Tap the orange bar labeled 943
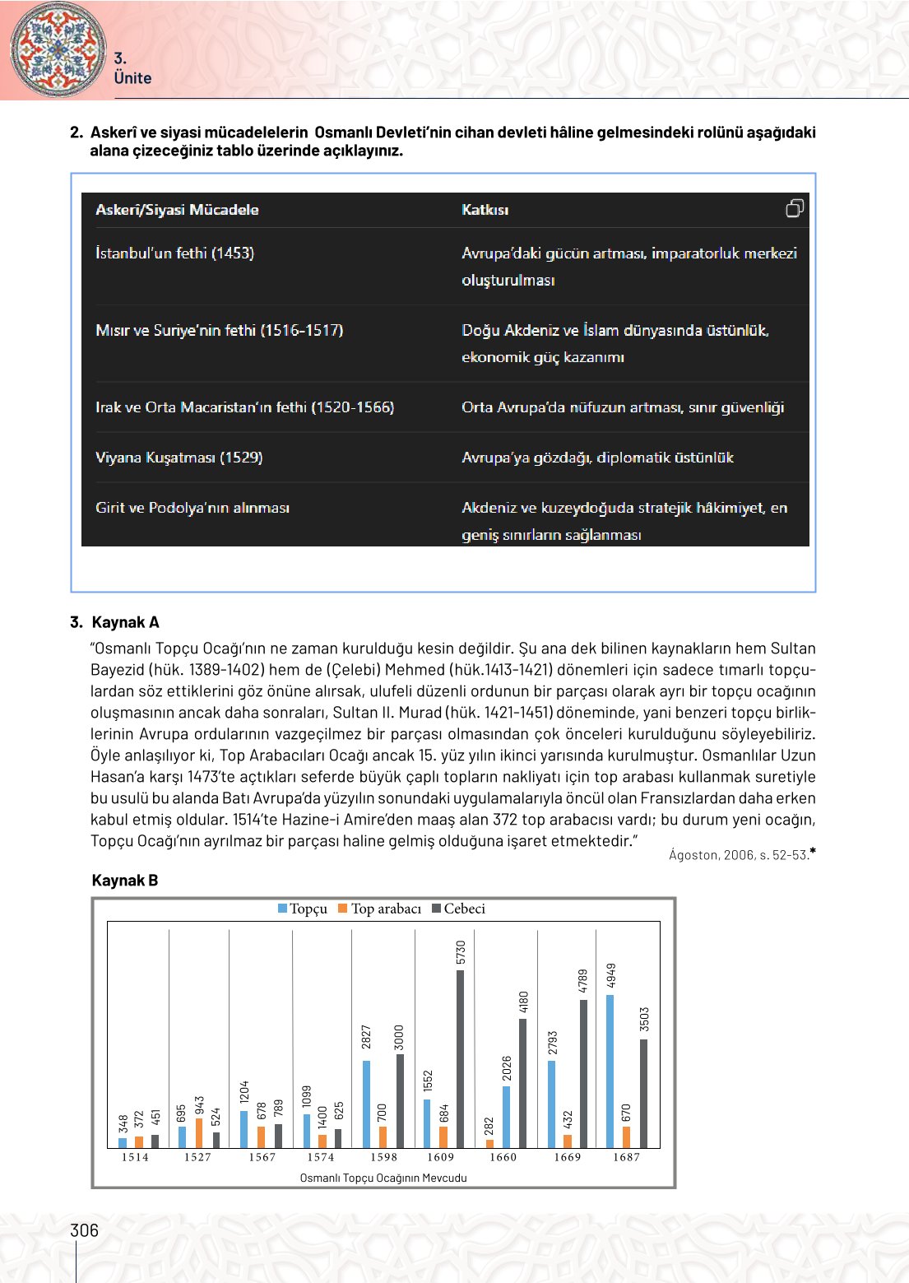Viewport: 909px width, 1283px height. [x=199, y=1133]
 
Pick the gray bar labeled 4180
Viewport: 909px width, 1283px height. [x=523, y=1083]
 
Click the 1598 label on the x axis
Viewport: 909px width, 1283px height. [x=383, y=1157]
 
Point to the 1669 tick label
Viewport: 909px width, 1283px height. [x=567, y=1157]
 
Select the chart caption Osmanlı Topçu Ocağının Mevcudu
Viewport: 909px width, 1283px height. [x=383, y=1178]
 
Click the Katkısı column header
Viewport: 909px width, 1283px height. [x=485, y=210]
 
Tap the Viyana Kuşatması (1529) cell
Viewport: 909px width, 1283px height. [x=179, y=458]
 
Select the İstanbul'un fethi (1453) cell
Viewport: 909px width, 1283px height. [x=174, y=253]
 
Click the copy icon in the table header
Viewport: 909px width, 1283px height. [x=794, y=208]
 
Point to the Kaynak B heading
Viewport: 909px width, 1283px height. [x=125, y=881]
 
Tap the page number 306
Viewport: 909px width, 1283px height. [x=84, y=1230]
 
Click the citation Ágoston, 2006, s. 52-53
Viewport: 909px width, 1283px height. [x=739, y=855]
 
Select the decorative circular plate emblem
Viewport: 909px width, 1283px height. [x=58, y=49]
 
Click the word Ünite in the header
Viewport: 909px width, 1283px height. [x=132, y=78]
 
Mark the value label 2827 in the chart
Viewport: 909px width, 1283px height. [x=366, y=1037]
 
